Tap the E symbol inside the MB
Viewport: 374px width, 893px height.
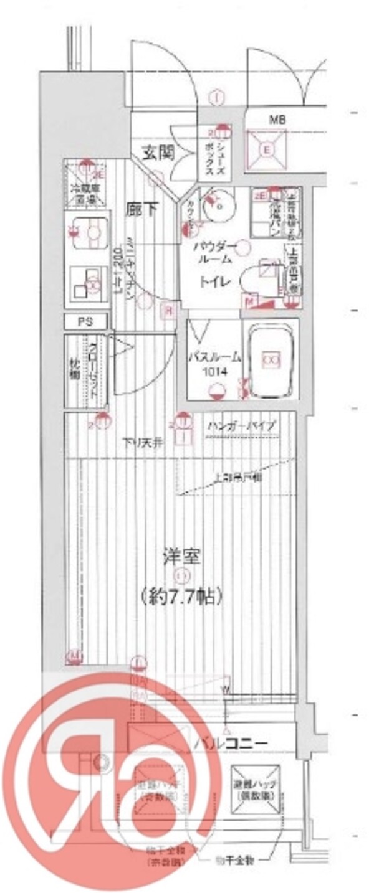point(266,149)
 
